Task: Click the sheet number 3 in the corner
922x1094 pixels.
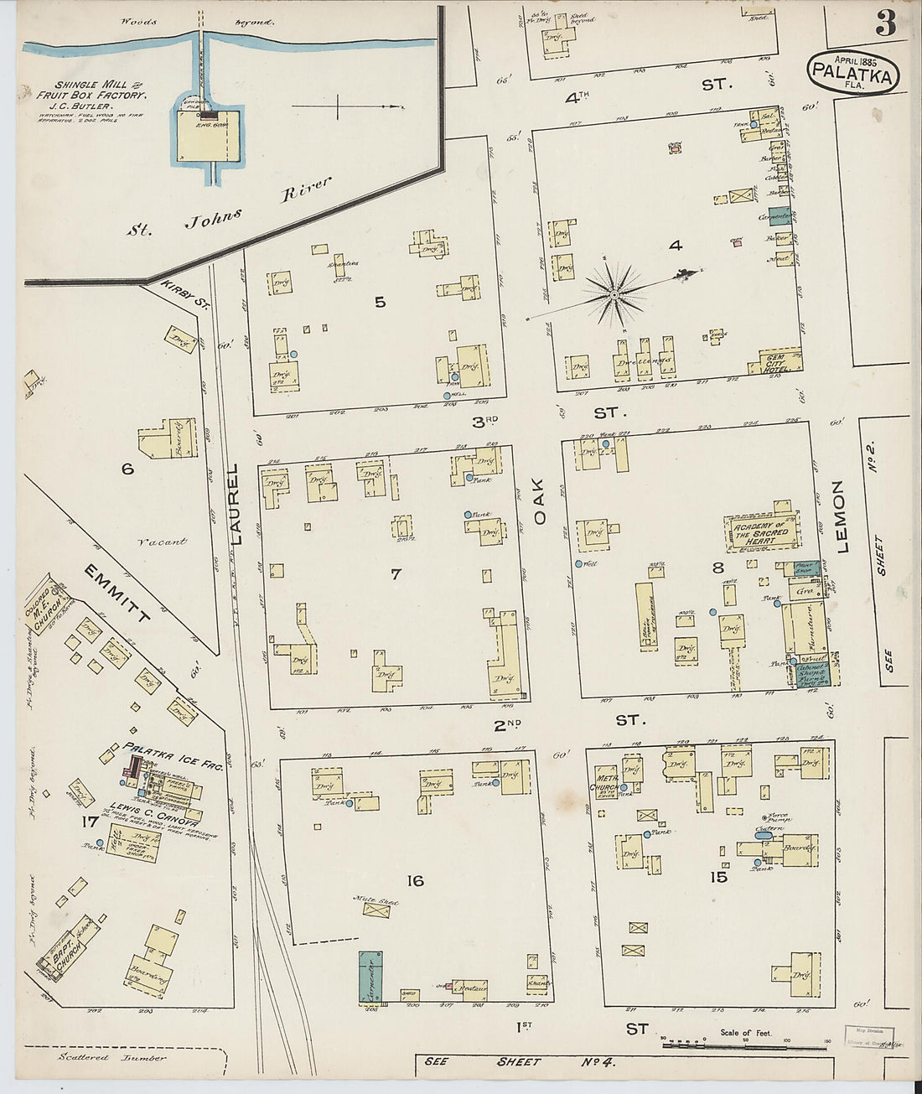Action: point(886,23)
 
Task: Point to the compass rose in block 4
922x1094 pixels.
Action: point(614,293)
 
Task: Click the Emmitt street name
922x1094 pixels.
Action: point(117,594)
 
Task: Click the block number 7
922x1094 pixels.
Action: point(396,573)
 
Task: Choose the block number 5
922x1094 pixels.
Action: point(380,302)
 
